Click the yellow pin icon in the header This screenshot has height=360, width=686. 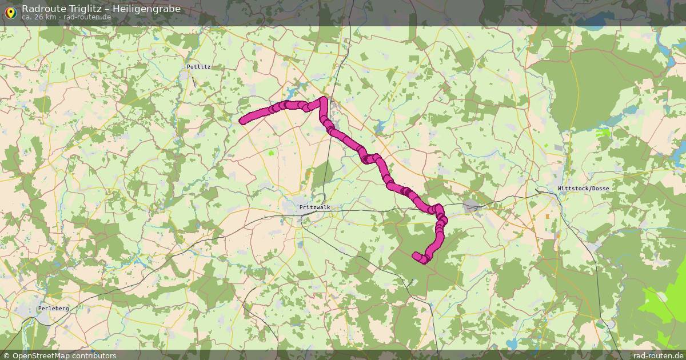tap(10, 13)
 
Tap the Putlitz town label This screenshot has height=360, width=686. tap(198, 67)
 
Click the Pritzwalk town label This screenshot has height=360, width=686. tap(314, 207)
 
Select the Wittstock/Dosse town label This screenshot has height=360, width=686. tap(583, 189)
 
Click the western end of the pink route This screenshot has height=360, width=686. tap(243, 120)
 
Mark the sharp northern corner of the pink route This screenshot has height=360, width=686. tap(324, 101)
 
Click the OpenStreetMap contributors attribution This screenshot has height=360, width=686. tap(64, 355)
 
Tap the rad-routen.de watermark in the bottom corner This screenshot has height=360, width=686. tap(659, 355)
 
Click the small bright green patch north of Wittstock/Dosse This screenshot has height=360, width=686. tap(603, 133)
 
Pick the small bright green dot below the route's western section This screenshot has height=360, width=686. tap(271, 153)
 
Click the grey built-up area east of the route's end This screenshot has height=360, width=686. tap(472, 207)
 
